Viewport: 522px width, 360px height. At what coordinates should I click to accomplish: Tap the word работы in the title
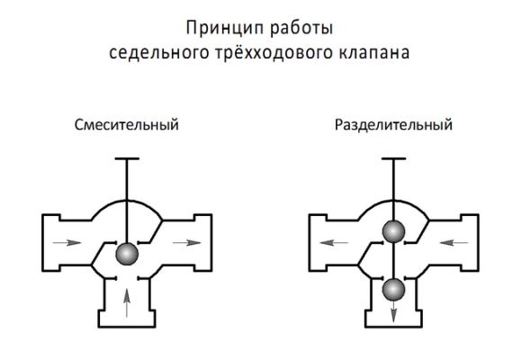tap(301, 28)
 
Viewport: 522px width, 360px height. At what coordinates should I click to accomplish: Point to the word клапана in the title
tap(374, 53)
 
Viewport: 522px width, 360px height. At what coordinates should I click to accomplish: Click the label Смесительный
tap(127, 125)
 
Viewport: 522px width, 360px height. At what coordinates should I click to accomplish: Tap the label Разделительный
tap(393, 125)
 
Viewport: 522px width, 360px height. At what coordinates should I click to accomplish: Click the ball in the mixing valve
tap(127, 254)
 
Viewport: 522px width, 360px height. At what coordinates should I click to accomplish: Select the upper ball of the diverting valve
tap(393, 231)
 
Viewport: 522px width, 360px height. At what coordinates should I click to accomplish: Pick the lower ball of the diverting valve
tap(393, 290)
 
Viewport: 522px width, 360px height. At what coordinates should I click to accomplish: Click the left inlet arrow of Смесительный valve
tap(67, 242)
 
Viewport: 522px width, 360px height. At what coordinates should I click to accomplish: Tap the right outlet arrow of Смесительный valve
tap(187, 242)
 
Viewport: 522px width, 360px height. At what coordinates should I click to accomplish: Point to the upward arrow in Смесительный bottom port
tap(127, 302)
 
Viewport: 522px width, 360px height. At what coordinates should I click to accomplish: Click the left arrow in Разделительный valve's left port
tap(334, 242)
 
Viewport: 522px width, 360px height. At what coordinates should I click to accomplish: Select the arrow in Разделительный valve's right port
tap(454, 242)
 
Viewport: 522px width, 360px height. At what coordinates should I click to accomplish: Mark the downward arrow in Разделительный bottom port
tap(393, 311)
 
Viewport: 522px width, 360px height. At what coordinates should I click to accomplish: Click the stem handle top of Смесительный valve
tap(127, 158)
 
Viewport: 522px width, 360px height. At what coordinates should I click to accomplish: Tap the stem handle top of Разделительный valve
tap(393, 158)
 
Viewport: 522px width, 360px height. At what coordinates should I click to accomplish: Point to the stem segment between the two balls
tap(393, 260)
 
